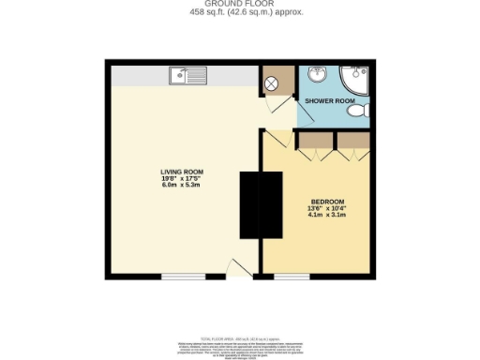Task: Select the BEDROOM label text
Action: click(x=327, y=202)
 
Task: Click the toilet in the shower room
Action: click(x=355, y=112)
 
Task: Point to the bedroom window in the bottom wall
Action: click(x=292, y=277)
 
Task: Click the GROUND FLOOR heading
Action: click(x=240, y=4)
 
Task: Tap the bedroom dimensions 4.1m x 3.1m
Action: click(x=327, y=216)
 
